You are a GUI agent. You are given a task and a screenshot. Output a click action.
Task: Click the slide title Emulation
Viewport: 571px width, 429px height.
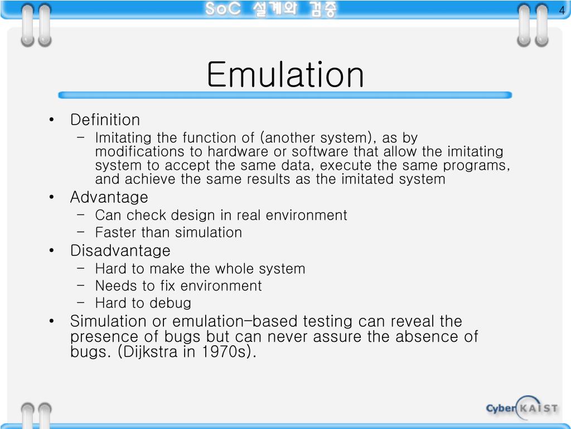coord(285,75)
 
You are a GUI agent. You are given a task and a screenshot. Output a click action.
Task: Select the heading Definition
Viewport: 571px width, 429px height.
coord(105,120)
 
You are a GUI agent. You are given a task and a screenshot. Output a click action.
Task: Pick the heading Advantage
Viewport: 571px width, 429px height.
coord(109,197)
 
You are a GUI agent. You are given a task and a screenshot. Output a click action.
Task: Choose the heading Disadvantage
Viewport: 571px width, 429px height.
coord(120,250)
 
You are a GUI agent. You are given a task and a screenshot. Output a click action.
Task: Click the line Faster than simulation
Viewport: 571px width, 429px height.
coord(168,232)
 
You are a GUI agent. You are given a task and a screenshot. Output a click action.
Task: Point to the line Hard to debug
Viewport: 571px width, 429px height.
coord(143,303)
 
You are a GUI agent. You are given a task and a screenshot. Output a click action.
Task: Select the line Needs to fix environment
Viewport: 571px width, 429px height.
coord(178,286)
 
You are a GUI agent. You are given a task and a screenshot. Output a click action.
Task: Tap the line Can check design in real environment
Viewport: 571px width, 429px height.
coord(221,215)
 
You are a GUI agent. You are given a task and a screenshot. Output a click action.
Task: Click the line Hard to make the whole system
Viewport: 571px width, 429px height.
coord(200,269)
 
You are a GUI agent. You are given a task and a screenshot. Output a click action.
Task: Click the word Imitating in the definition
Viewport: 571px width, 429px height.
coord(117,138)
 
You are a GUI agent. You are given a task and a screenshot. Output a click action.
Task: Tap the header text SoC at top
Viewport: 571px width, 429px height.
coord(222,10)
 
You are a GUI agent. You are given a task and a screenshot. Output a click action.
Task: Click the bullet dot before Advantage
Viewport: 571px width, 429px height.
coord(52,198)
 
